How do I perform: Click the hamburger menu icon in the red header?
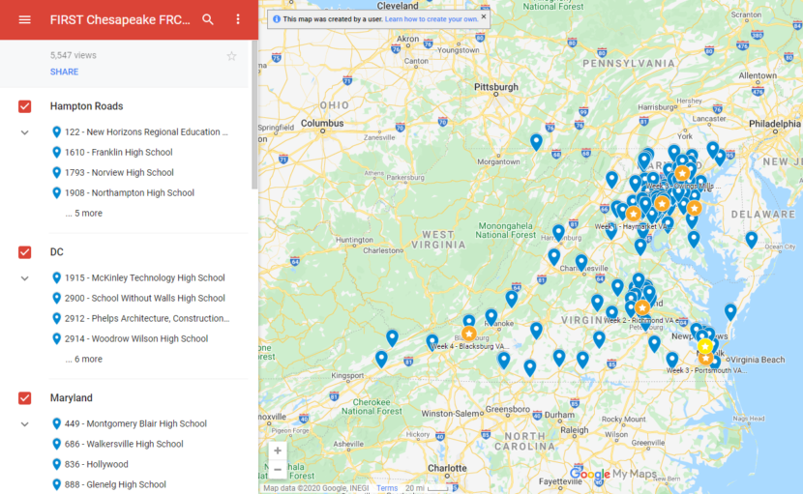click(24, 19)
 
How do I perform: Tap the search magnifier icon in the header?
click(208, 19)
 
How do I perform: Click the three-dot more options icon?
click(238, 19)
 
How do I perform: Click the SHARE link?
click(64, 72)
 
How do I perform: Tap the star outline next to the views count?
click(231, 56)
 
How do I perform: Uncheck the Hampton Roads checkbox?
click(25, 106)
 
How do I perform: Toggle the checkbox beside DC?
click(25, 252)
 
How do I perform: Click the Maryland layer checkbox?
click(25, 398)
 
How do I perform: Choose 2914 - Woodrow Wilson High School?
click(135, 339)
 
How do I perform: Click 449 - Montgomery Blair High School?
click(135, 423)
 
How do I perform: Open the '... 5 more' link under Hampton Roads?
click(83, 214)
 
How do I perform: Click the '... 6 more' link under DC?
click(83, 360)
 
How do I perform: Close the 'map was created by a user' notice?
click(484, 16)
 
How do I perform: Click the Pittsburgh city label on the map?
click(496, 86)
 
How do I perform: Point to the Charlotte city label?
click(447, 468)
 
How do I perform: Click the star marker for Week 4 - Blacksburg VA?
click(468, 334)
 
